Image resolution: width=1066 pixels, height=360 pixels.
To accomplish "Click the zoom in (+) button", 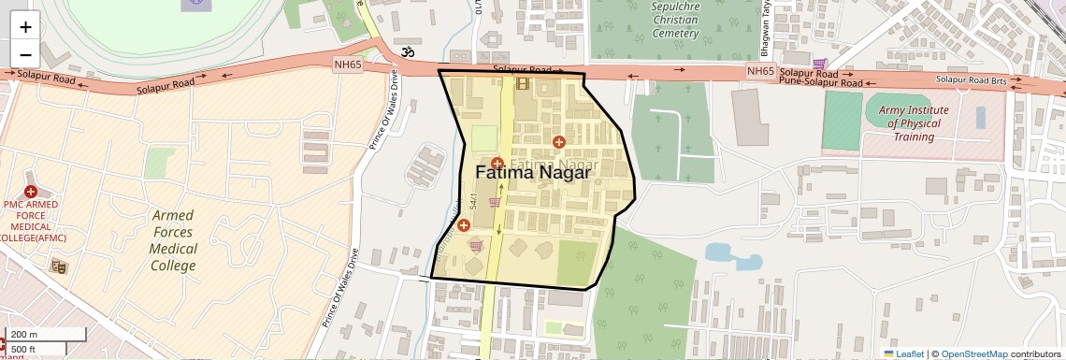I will point(26,27).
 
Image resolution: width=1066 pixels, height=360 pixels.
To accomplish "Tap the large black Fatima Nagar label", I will point(533,173).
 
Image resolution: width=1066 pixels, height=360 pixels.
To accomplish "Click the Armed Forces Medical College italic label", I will point(174,240).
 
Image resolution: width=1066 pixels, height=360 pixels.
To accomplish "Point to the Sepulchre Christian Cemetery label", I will point(675,20).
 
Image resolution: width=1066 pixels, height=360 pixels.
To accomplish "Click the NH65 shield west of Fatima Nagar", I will point(346,65).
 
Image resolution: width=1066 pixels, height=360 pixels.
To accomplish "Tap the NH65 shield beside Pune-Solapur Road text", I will point(760,72).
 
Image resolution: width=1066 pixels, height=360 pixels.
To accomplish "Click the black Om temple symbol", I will point(407,53).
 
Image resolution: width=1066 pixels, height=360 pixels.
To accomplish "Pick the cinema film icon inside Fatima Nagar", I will point(522,84).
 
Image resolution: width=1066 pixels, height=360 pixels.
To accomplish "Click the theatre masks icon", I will point(60,267).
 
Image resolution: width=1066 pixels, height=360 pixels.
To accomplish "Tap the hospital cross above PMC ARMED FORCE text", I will point(31,192).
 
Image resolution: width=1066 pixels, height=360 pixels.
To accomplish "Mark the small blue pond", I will point(720,252).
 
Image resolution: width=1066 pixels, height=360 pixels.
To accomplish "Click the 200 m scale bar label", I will point(25,335).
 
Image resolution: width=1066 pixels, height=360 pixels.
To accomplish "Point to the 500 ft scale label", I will point(24,350).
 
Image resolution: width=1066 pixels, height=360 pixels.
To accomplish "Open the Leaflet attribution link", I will point(903,354).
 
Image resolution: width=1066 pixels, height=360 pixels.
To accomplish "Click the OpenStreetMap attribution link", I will point(973,354).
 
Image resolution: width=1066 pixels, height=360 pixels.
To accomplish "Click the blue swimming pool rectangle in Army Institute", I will point(980,117).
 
